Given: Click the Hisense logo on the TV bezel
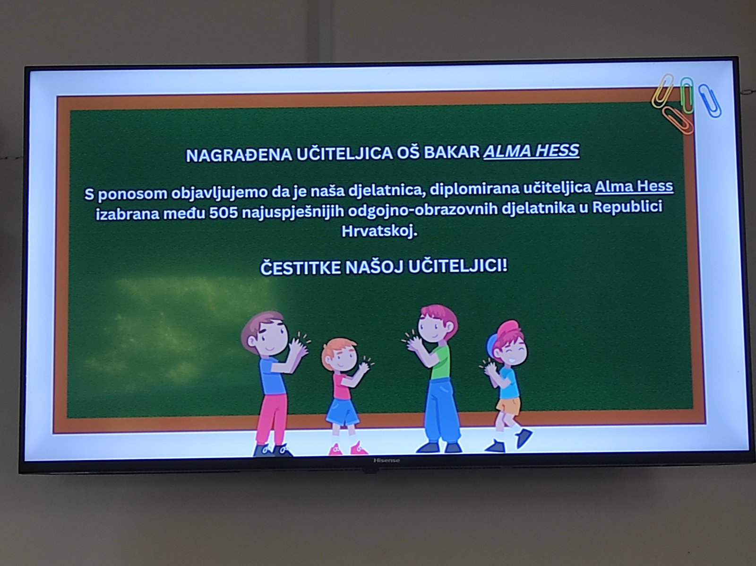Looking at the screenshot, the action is click(387, 461).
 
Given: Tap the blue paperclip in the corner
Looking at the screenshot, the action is click(710, 101).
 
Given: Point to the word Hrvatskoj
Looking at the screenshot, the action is click(379, 231).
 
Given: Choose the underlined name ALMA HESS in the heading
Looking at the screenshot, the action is click(532, 151).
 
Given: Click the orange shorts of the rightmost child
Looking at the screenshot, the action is click(508, 405).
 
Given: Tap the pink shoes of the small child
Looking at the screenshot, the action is click(348, 449).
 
